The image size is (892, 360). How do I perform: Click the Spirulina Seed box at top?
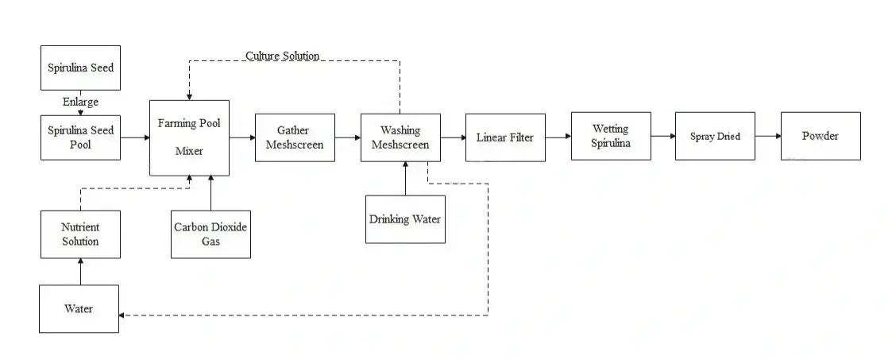coord(80,68)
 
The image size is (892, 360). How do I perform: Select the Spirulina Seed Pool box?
coord(80,137)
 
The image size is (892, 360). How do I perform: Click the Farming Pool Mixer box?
coord(189,137)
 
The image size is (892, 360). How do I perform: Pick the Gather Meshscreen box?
coord(294,137)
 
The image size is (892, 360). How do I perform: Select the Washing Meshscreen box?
coord(400,137)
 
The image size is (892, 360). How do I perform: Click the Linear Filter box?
coord(505,137)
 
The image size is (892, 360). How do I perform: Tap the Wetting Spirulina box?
coord(610,136)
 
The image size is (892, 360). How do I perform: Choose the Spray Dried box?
coord(714,136)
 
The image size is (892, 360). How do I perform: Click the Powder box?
coord(820,136)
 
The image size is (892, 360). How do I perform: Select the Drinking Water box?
coord(405,219)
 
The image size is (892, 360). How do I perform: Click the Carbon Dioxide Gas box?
coord(210,234)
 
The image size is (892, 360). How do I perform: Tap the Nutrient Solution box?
coord(80,234)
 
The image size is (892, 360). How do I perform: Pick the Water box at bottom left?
coord(79,308)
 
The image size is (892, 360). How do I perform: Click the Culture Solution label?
coord(282,56)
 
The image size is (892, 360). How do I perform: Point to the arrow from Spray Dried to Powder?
coord(767,136)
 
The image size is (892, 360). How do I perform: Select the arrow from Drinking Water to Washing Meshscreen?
coord(405,178)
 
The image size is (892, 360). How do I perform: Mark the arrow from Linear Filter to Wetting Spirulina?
coord(558,137)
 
